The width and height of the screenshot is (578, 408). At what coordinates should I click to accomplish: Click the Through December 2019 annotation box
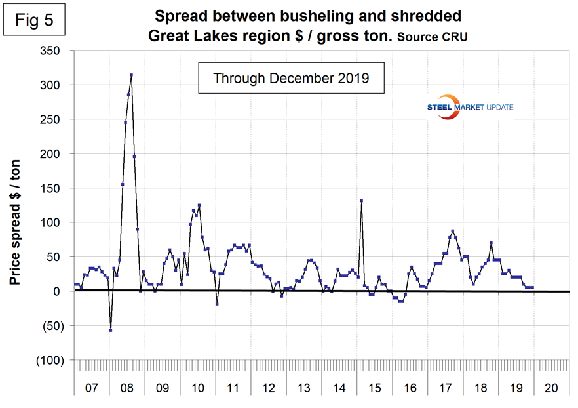coord(291,79)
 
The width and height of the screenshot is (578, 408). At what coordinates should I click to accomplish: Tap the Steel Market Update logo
coord(463,109)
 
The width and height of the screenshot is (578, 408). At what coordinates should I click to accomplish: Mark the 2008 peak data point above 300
coord(131,75)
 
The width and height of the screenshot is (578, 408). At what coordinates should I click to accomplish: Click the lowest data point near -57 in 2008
coord(111,330)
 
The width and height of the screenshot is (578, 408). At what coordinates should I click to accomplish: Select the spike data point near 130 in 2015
coord(361,201)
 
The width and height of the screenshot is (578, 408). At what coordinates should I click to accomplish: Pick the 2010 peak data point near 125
coord(199,205)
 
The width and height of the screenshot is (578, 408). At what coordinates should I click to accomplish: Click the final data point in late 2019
coord(533,287)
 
